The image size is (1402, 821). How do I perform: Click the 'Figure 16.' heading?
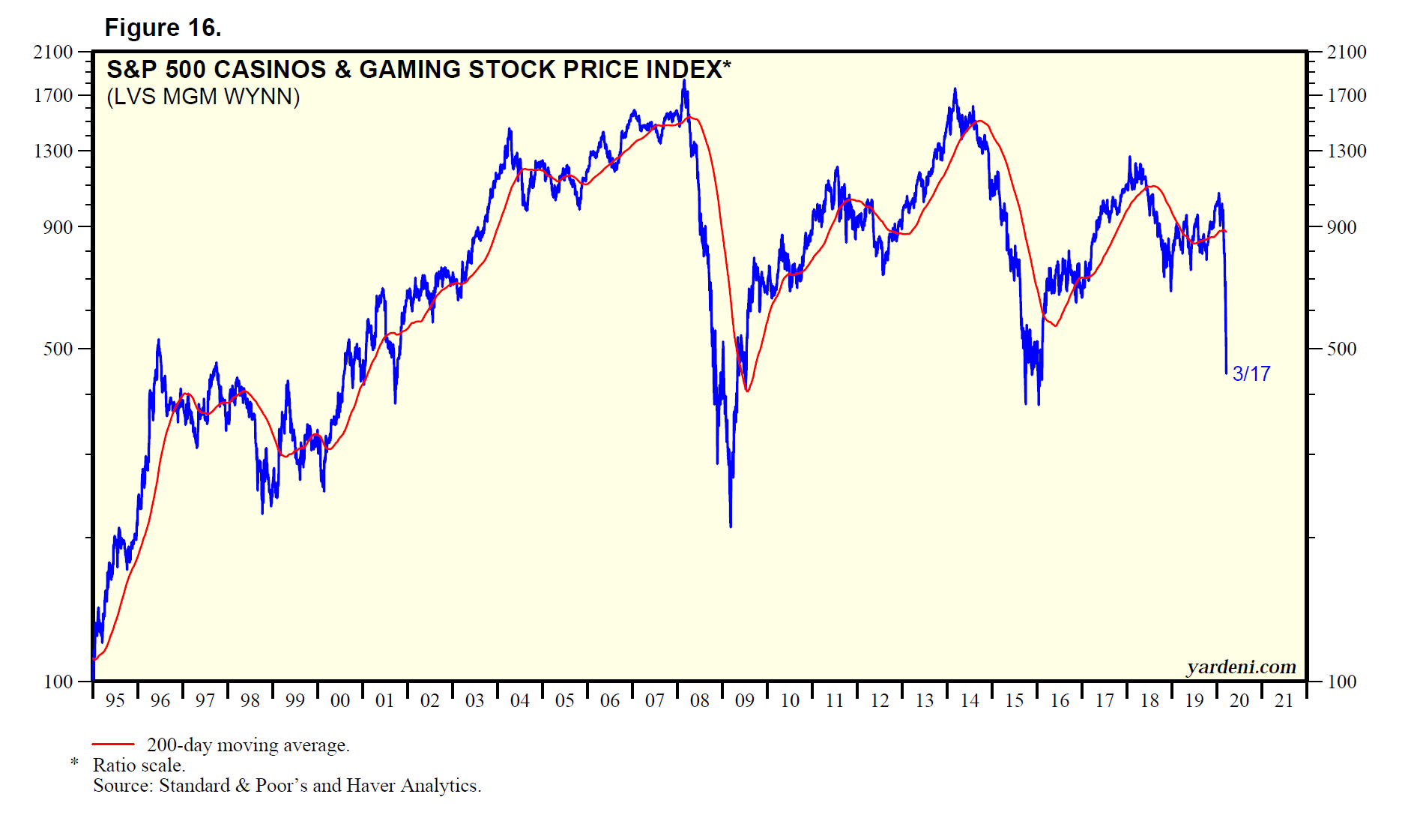(x=163, y=28)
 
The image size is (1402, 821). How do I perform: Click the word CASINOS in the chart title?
(x=270, y=70)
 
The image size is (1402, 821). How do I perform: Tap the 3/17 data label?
(x=1251, y=373)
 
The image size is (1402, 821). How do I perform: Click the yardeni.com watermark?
(x=1241, y=667)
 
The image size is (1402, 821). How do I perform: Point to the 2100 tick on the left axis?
(x=53, y=52)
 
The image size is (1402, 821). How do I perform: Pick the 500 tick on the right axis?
(x=1341, y=349)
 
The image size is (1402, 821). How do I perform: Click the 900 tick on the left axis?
(x=58, y=226)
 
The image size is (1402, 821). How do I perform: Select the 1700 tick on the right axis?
(x=1347, y=95)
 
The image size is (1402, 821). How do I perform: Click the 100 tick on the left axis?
(x=58, y=682)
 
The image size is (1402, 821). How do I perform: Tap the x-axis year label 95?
(x=115, y=700)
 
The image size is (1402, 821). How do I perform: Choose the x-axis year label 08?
(x=699, y=700)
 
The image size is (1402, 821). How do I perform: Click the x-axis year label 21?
(x=1284, y=700)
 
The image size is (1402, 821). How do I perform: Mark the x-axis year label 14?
(x=969, y=700)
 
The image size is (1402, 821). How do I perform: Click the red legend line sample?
(x=112, y=745)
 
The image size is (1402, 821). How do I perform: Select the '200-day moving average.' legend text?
(x=248, y=745)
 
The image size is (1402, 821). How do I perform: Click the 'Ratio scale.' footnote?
(x=139, y=765)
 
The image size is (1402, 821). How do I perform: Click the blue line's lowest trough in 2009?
(x=730, y=526)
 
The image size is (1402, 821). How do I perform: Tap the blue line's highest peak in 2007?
(x=683, y=81)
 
